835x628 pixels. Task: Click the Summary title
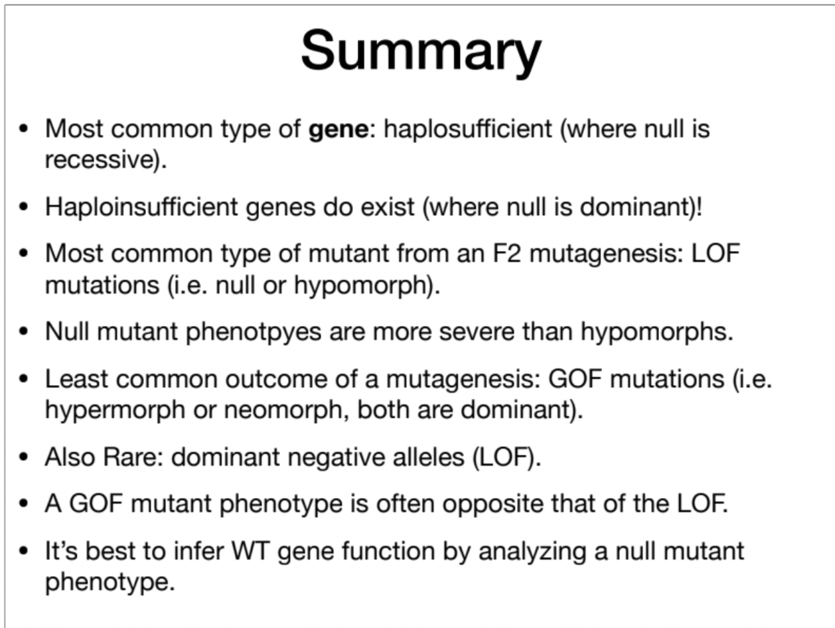pyautogui.click(x=421, y=52)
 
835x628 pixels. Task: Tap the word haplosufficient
pyautogui.click(x=467, y=129)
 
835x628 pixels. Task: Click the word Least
pyautogui.click(x=73, y=379)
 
